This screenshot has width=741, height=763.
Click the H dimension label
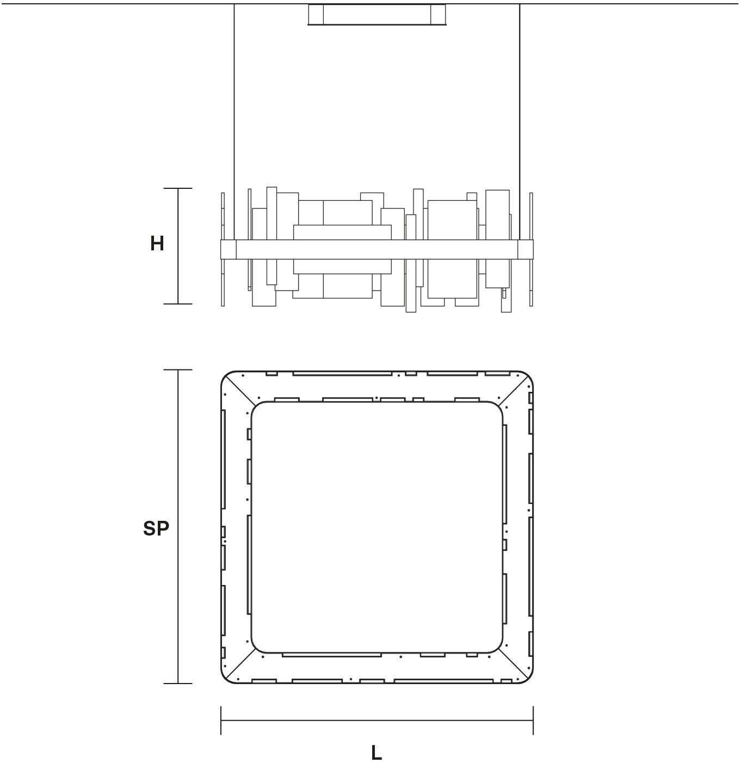(157, 243)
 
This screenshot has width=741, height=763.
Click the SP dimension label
(156, 528)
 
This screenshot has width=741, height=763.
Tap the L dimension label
(376, 753)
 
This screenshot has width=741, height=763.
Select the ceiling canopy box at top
(376, 15)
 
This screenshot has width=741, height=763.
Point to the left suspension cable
(234, 121)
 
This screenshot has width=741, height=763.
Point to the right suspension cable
(520, 121)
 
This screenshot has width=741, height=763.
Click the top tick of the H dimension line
(177, 188)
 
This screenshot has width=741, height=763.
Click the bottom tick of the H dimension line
(177, 304)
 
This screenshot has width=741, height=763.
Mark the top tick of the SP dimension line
(177, 370)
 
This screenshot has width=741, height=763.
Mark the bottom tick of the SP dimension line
(177, 684)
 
